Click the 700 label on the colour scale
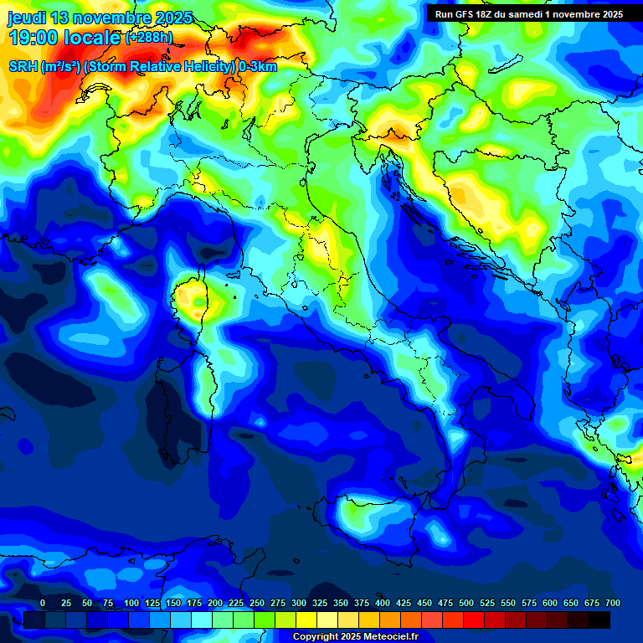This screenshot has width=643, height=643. click(612, 603)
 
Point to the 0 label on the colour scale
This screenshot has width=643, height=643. click(43, 603)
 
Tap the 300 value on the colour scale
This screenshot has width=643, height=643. click(299, 603)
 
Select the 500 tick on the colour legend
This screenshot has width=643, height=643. click(466, 603)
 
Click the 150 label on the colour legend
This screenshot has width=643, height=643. click(173, 603)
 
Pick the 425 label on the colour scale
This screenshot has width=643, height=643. click(404, 603)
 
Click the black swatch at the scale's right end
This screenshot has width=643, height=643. click(599, 620)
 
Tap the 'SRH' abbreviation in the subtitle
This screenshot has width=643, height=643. click(23, 67)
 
